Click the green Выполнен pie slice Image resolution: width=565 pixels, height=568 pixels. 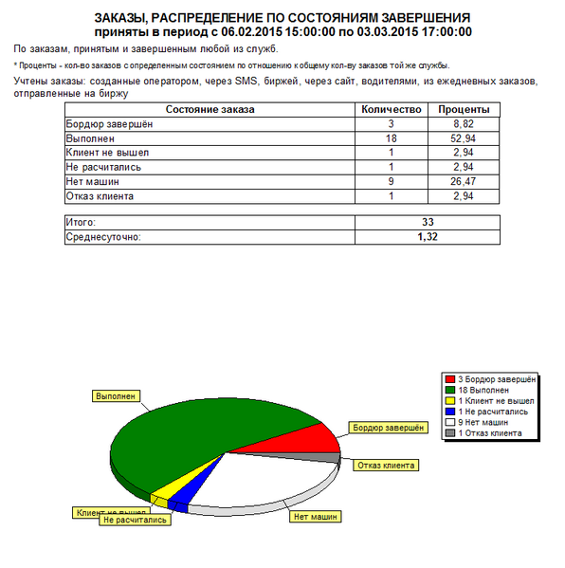click(x=190, y=427)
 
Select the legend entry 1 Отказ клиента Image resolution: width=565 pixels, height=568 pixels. click(x=488, y=432)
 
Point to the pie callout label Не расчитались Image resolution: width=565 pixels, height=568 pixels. click(x=136, y=520)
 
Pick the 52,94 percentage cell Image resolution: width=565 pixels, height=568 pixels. click(x=463, y=138)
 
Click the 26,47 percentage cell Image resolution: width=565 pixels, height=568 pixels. click(x=463, y=181)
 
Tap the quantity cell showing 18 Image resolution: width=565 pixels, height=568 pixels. click(x=391, y=138)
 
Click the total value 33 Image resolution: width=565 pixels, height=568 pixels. click(x=427, y=221)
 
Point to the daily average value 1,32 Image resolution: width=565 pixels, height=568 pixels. click(x=427, y=236)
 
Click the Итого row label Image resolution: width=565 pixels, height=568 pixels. click(x=82, y=221)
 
